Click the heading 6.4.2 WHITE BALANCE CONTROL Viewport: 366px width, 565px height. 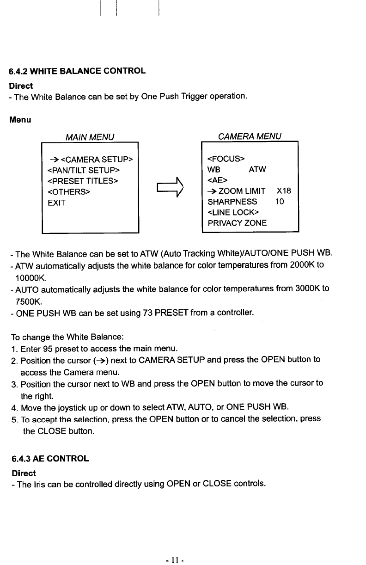click(77, 71)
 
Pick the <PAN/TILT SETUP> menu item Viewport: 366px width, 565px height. click(83, 170)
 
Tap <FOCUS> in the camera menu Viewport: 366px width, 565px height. click(226, 159)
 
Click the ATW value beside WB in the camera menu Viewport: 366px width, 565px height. click(257, 170)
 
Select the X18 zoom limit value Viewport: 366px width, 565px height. click(283, 191)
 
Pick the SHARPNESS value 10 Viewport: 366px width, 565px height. click(280, 202)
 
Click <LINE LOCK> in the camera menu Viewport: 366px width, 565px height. click(233, 212)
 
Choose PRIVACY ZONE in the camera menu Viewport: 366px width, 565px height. click(237, 223)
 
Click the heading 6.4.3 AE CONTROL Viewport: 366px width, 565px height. click(50, 459)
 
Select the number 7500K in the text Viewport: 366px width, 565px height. click(27, 301)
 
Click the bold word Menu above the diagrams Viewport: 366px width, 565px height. click(20, 120)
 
